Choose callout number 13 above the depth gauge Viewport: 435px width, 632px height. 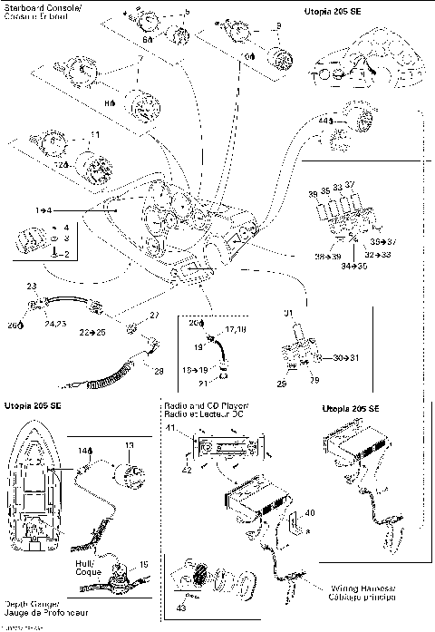point(128,445)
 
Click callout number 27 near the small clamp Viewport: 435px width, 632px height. point(152,315)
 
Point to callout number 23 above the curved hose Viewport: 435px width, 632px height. point(32,287)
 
